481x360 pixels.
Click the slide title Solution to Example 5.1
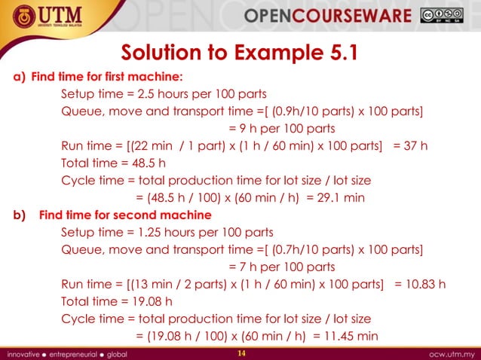tap(239, 53)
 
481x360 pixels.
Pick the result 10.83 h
tap(425, 284)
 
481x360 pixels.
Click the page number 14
tap(241, 353)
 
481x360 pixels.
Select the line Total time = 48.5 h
tap(113, 163)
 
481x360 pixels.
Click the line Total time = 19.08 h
tap(116, 301)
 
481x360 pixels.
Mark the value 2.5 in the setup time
tap(147, 94)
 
